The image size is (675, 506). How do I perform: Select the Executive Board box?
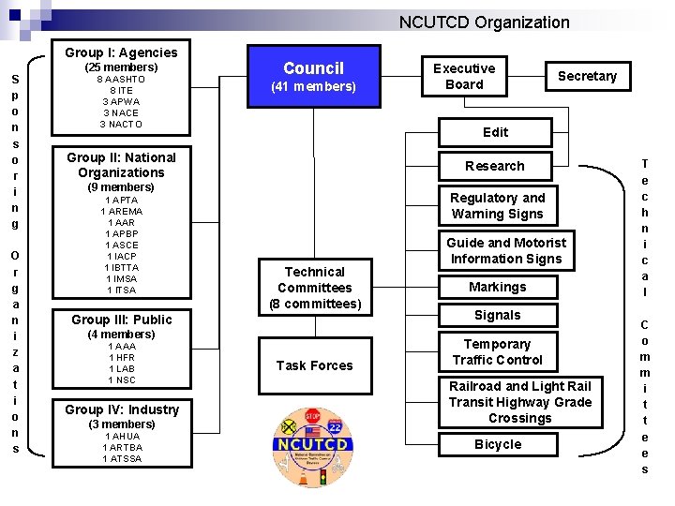click(464, 77)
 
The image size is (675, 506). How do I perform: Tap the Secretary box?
click(587, 76)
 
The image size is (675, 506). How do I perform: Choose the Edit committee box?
click(495, 132)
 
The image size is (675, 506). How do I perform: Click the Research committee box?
click(495, 166)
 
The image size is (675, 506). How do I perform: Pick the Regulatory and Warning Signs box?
click(497, 206)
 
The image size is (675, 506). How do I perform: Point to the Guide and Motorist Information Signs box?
click(506, 250)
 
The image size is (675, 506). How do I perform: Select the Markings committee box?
click(497, 287)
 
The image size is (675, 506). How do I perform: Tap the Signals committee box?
click(497, 315)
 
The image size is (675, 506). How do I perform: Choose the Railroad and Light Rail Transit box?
click(519, 402)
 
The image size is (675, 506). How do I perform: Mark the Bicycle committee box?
click(497, 444)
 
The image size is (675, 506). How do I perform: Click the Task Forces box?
click(314, 365)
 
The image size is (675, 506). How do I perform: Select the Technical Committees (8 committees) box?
click(314, 288)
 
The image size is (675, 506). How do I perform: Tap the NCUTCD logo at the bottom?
click(314, 448)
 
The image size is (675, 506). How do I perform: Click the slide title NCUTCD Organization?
click(484, 22)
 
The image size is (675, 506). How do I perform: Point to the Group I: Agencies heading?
click(121, 52)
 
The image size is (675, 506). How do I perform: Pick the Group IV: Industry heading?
click(121, 409)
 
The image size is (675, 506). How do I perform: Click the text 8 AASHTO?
click(121, 80)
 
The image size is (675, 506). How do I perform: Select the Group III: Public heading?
click(121, 320)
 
